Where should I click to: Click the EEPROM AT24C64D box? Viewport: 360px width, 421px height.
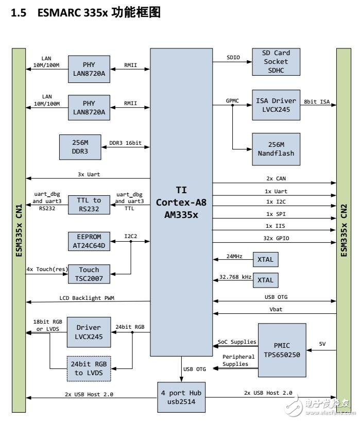point(89,241)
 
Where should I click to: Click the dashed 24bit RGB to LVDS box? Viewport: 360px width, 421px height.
point(89,369)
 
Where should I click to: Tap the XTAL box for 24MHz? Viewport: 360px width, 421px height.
point(265,259)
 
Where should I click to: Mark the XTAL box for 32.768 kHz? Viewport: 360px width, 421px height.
point(265,280)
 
